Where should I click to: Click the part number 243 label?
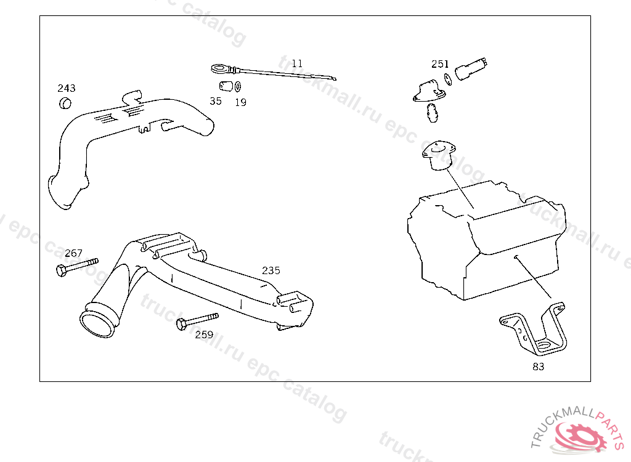(x=67, y=88)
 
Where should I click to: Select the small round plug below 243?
(x=65, y=103)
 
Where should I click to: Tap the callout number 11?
(x=297, y=63)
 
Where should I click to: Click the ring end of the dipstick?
(x=218, y=68)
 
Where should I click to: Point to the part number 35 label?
(x=215, y=101)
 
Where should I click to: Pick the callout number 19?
(x=240, y=102)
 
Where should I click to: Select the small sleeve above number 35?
(x=226, y=85)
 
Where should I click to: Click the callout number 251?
(x=440, y=64)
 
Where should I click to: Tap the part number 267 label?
(x=73, y=253)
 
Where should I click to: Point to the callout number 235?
(x=271, y=270)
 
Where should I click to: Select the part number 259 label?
(x=204, y=334)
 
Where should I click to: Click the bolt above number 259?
(x=197, y=320)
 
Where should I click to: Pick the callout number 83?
(x=539, y=367)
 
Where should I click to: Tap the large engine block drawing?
(x=487, y=240)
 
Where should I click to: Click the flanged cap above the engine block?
(x=438, y=154)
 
